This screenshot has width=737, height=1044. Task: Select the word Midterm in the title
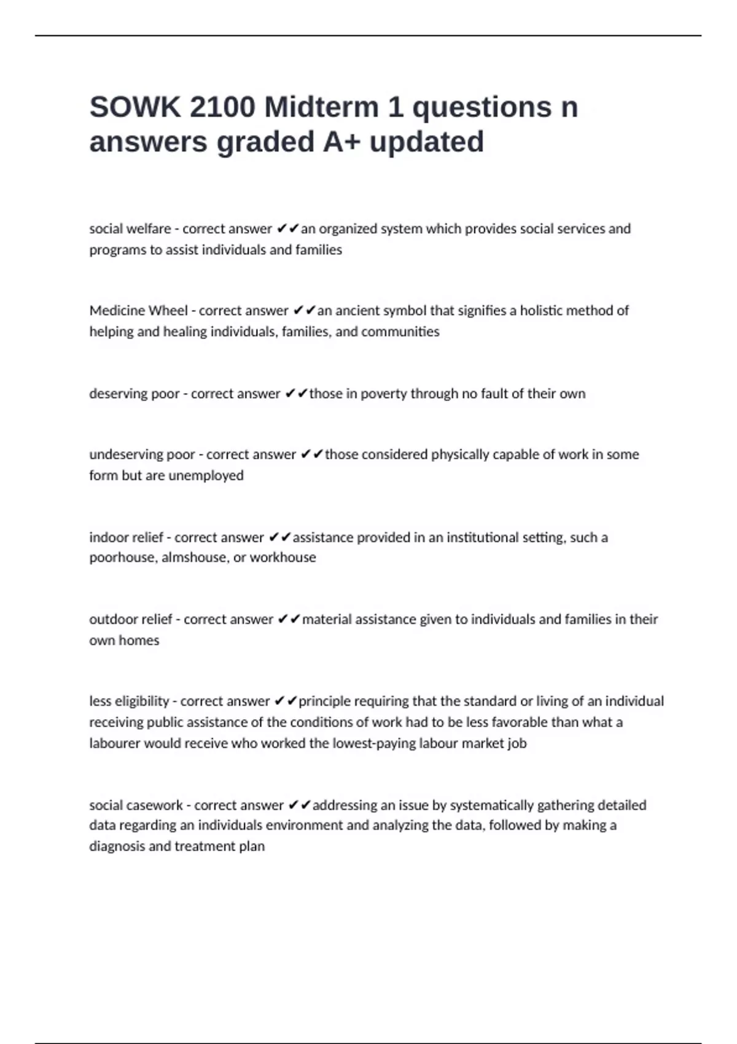point(322,107)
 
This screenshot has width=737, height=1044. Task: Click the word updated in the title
point(427,142)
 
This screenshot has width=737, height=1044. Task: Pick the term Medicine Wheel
point(138,311)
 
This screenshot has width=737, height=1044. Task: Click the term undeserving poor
point(142,454)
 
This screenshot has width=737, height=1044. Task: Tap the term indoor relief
point(126,537)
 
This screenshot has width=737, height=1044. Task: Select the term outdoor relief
point(131,619)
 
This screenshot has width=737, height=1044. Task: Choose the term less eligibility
point(129,701)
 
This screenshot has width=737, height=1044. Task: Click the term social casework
point(136,805)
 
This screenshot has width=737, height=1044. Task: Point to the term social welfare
point(130,229)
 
